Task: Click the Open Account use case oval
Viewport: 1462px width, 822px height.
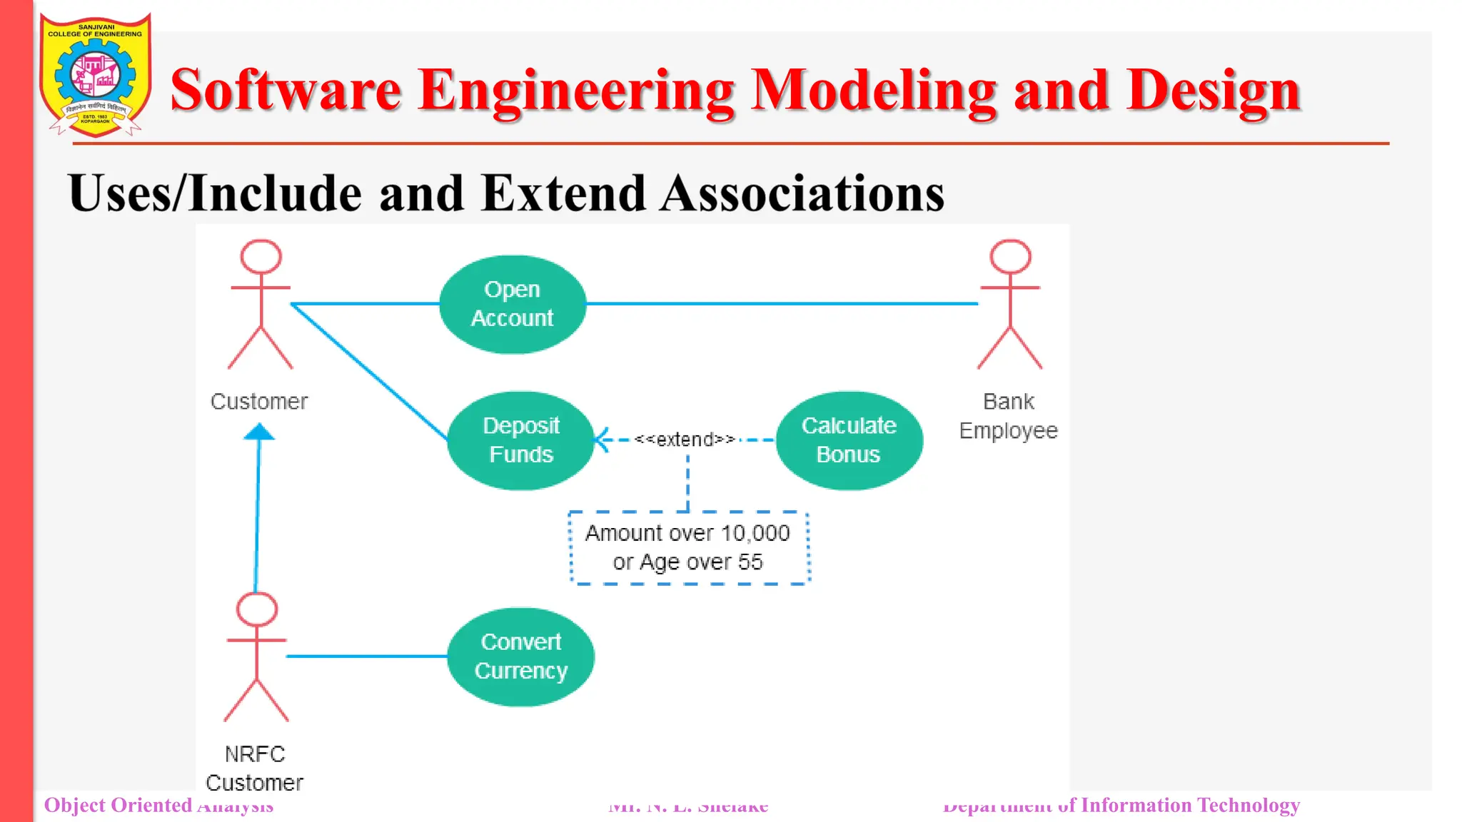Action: [513, 304]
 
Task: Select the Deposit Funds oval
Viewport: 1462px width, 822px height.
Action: [521, 440]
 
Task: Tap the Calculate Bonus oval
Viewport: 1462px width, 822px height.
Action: [849, 440]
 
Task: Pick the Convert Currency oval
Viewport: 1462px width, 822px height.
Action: [521, 656]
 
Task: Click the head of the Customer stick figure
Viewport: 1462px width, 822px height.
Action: [261, 257]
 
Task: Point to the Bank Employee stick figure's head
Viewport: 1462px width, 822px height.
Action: [1010, 257]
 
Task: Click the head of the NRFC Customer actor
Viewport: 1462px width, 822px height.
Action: [257, 610]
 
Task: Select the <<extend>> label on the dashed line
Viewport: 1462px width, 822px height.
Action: [685, 440]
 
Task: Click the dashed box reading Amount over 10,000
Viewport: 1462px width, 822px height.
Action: [689, 548]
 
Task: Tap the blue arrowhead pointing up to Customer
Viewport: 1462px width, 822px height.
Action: [259, 432]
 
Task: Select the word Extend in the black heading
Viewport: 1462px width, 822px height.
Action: [563, 193]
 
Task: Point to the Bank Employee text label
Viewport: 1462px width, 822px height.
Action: [1008, 416]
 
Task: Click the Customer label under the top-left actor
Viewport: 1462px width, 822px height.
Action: [259, 402]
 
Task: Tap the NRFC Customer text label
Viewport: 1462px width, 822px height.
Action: [255, 768]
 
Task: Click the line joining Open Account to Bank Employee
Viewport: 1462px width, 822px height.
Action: [782, 304]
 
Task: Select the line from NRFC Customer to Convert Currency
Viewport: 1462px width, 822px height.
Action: [366, 656]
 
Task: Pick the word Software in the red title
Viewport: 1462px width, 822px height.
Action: [286, 91]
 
